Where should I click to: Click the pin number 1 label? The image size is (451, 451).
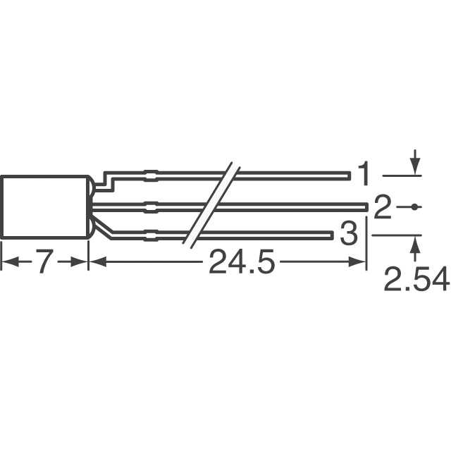[x=364, y=173]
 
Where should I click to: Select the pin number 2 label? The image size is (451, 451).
[x=382, y=207]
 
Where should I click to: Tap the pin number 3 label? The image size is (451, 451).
[x=348, y=234]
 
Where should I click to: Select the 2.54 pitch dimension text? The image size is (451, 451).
[x=416, y=281]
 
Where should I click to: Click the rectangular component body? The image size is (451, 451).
[x=44, y=206]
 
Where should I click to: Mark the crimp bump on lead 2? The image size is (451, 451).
[x=151, y=206]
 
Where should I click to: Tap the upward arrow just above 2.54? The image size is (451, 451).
[x=415, y=243]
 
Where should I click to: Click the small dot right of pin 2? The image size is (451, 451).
[x=415, y=206]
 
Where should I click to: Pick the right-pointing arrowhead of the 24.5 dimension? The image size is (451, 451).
[x=360, y=263]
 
